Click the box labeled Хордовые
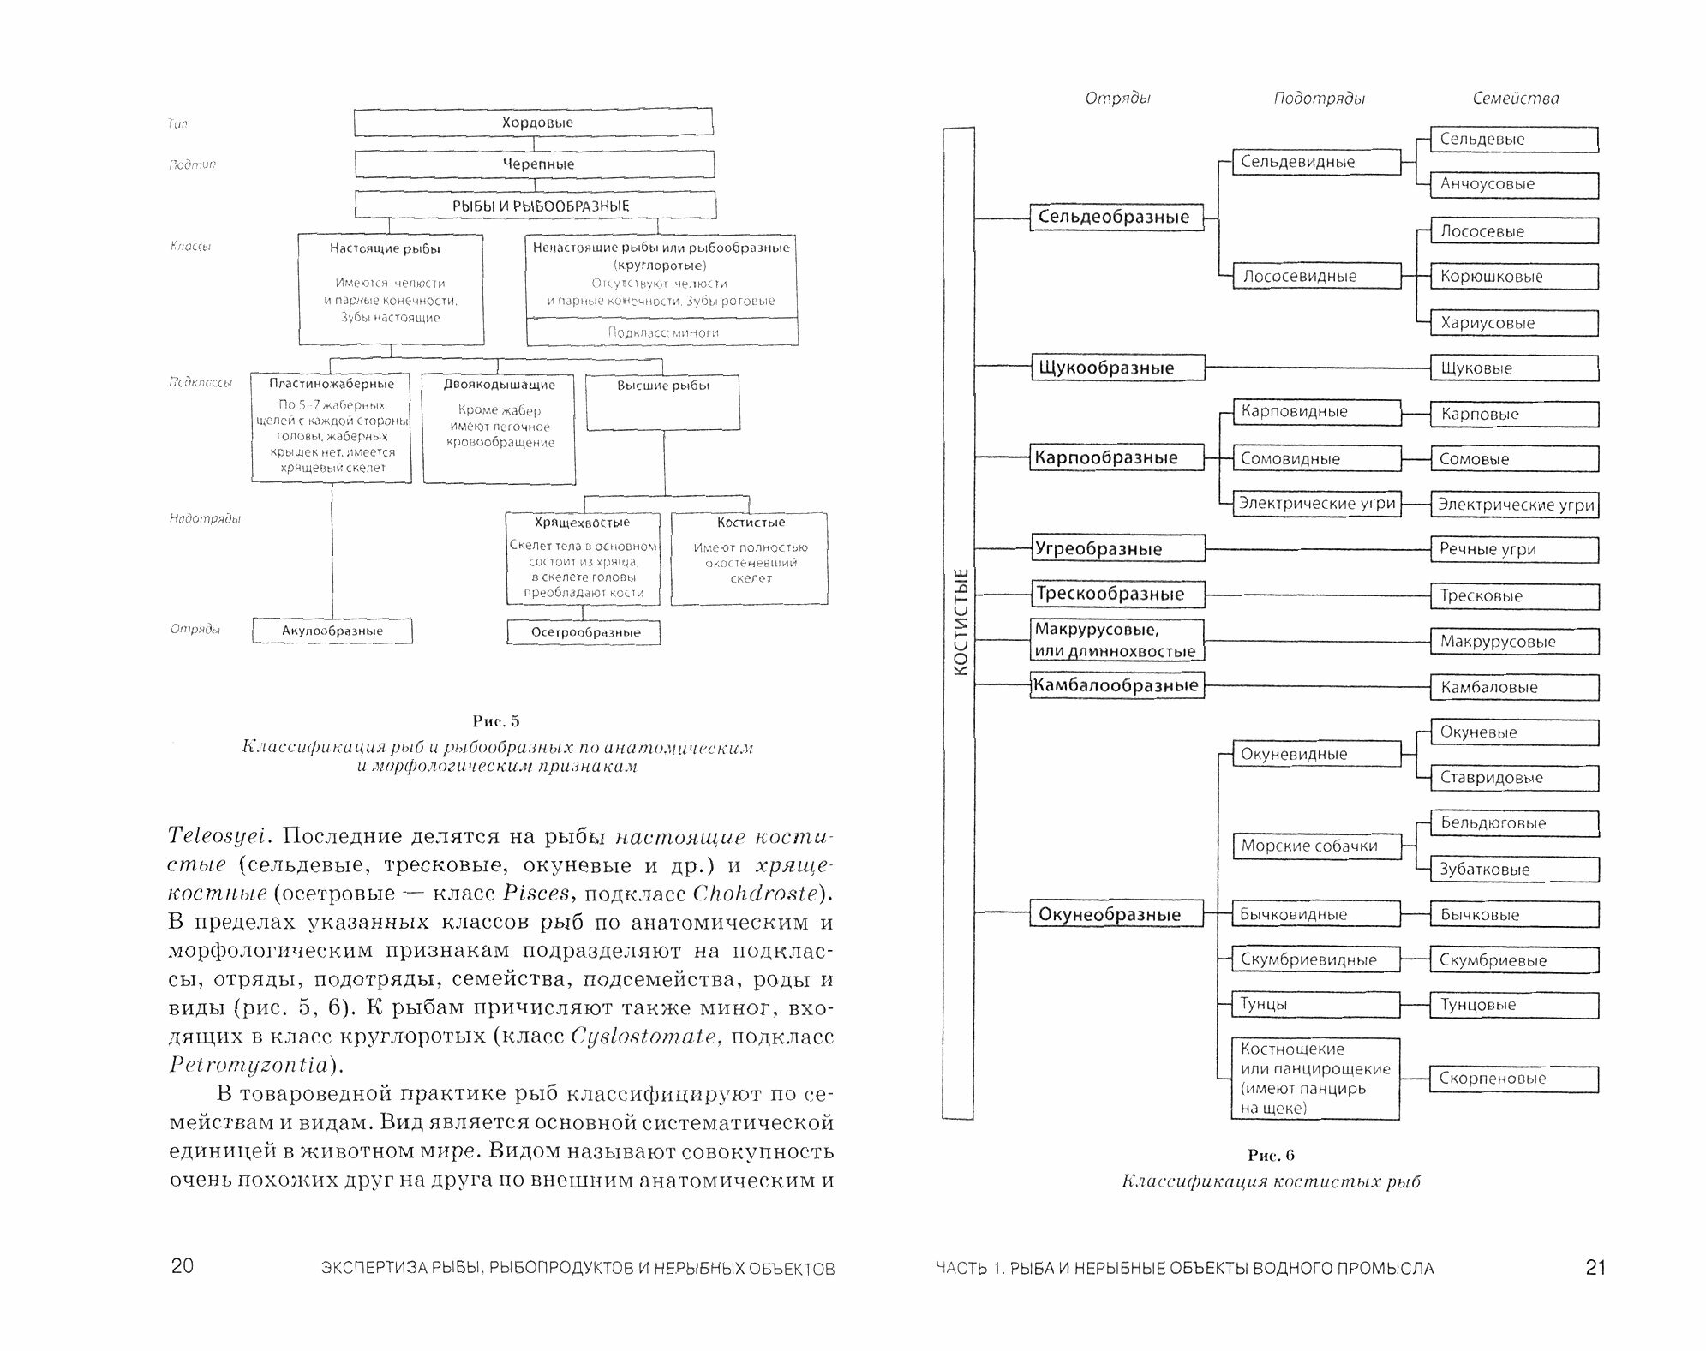(533, 123)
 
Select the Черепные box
(535, 164)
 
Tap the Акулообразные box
(332, 631)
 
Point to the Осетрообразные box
(584, 632)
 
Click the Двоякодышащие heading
(499, 386)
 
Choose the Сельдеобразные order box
(1115, 218)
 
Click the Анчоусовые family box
(1513, 185)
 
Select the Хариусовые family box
(1513, 323)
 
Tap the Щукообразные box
(1116, 368)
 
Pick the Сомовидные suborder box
(1316, 459)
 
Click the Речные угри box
(1513, 550)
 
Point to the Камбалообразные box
(1116, 686)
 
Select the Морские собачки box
(1316, 846)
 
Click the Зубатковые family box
(1513, 870)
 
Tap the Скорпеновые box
(1513, 1079)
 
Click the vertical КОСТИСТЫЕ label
(959, 623)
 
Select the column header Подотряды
(1319, 99)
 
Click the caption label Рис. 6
(1271, 1156)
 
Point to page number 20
(183, 1267)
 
